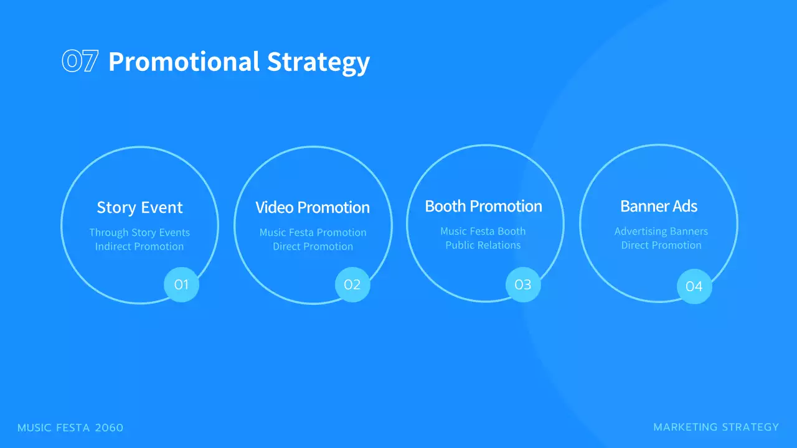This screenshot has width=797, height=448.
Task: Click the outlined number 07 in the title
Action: (80, 62)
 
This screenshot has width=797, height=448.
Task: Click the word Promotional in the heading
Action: (184, 62)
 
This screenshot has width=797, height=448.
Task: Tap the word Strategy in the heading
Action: (318, 62)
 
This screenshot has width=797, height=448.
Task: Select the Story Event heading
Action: (139, 207)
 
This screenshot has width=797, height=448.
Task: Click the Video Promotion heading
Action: (313, 207)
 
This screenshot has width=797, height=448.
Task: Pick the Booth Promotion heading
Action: (483, 206)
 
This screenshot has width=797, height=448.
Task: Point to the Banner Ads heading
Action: (659, 206)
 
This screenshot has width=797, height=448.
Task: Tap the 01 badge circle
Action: (181, 285)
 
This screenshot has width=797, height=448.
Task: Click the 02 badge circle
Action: (352, 285)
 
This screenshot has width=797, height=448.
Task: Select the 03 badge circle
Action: (523, 285)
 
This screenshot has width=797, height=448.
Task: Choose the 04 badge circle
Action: (694, 286)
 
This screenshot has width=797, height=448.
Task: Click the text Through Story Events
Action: (139, 232)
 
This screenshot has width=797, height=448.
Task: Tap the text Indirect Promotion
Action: (139, 246)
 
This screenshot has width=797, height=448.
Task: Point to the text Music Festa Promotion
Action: (313, 232)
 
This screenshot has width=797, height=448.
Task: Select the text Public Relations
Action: (483, 245)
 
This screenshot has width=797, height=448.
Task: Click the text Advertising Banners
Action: (661, 231)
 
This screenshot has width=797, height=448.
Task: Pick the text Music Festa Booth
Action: (483, 231)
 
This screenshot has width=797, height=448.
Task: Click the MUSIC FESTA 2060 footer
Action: (70, 427)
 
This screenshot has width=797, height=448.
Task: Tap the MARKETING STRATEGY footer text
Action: (716, 427)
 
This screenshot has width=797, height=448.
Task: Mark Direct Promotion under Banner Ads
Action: (661, 245)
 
